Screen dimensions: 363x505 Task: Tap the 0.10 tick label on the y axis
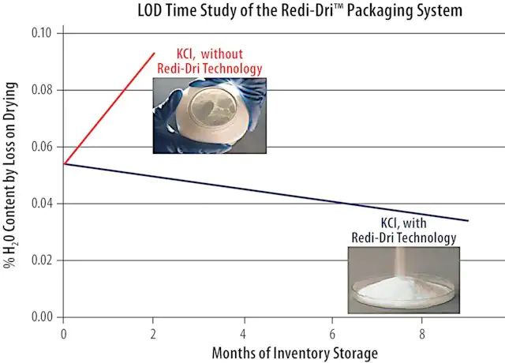39,34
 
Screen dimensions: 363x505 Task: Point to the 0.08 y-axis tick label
39,91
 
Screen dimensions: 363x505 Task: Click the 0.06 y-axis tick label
39,148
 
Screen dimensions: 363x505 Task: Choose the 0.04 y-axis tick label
39,204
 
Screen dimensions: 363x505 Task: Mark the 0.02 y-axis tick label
39,260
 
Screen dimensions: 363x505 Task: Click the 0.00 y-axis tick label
39,317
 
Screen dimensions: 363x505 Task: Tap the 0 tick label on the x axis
63,333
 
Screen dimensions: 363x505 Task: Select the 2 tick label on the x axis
154,333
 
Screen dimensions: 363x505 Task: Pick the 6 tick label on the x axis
334,333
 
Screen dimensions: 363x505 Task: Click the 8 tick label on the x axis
424,333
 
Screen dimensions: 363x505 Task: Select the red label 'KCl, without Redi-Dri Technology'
210,60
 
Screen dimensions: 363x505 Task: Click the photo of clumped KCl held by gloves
209,114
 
